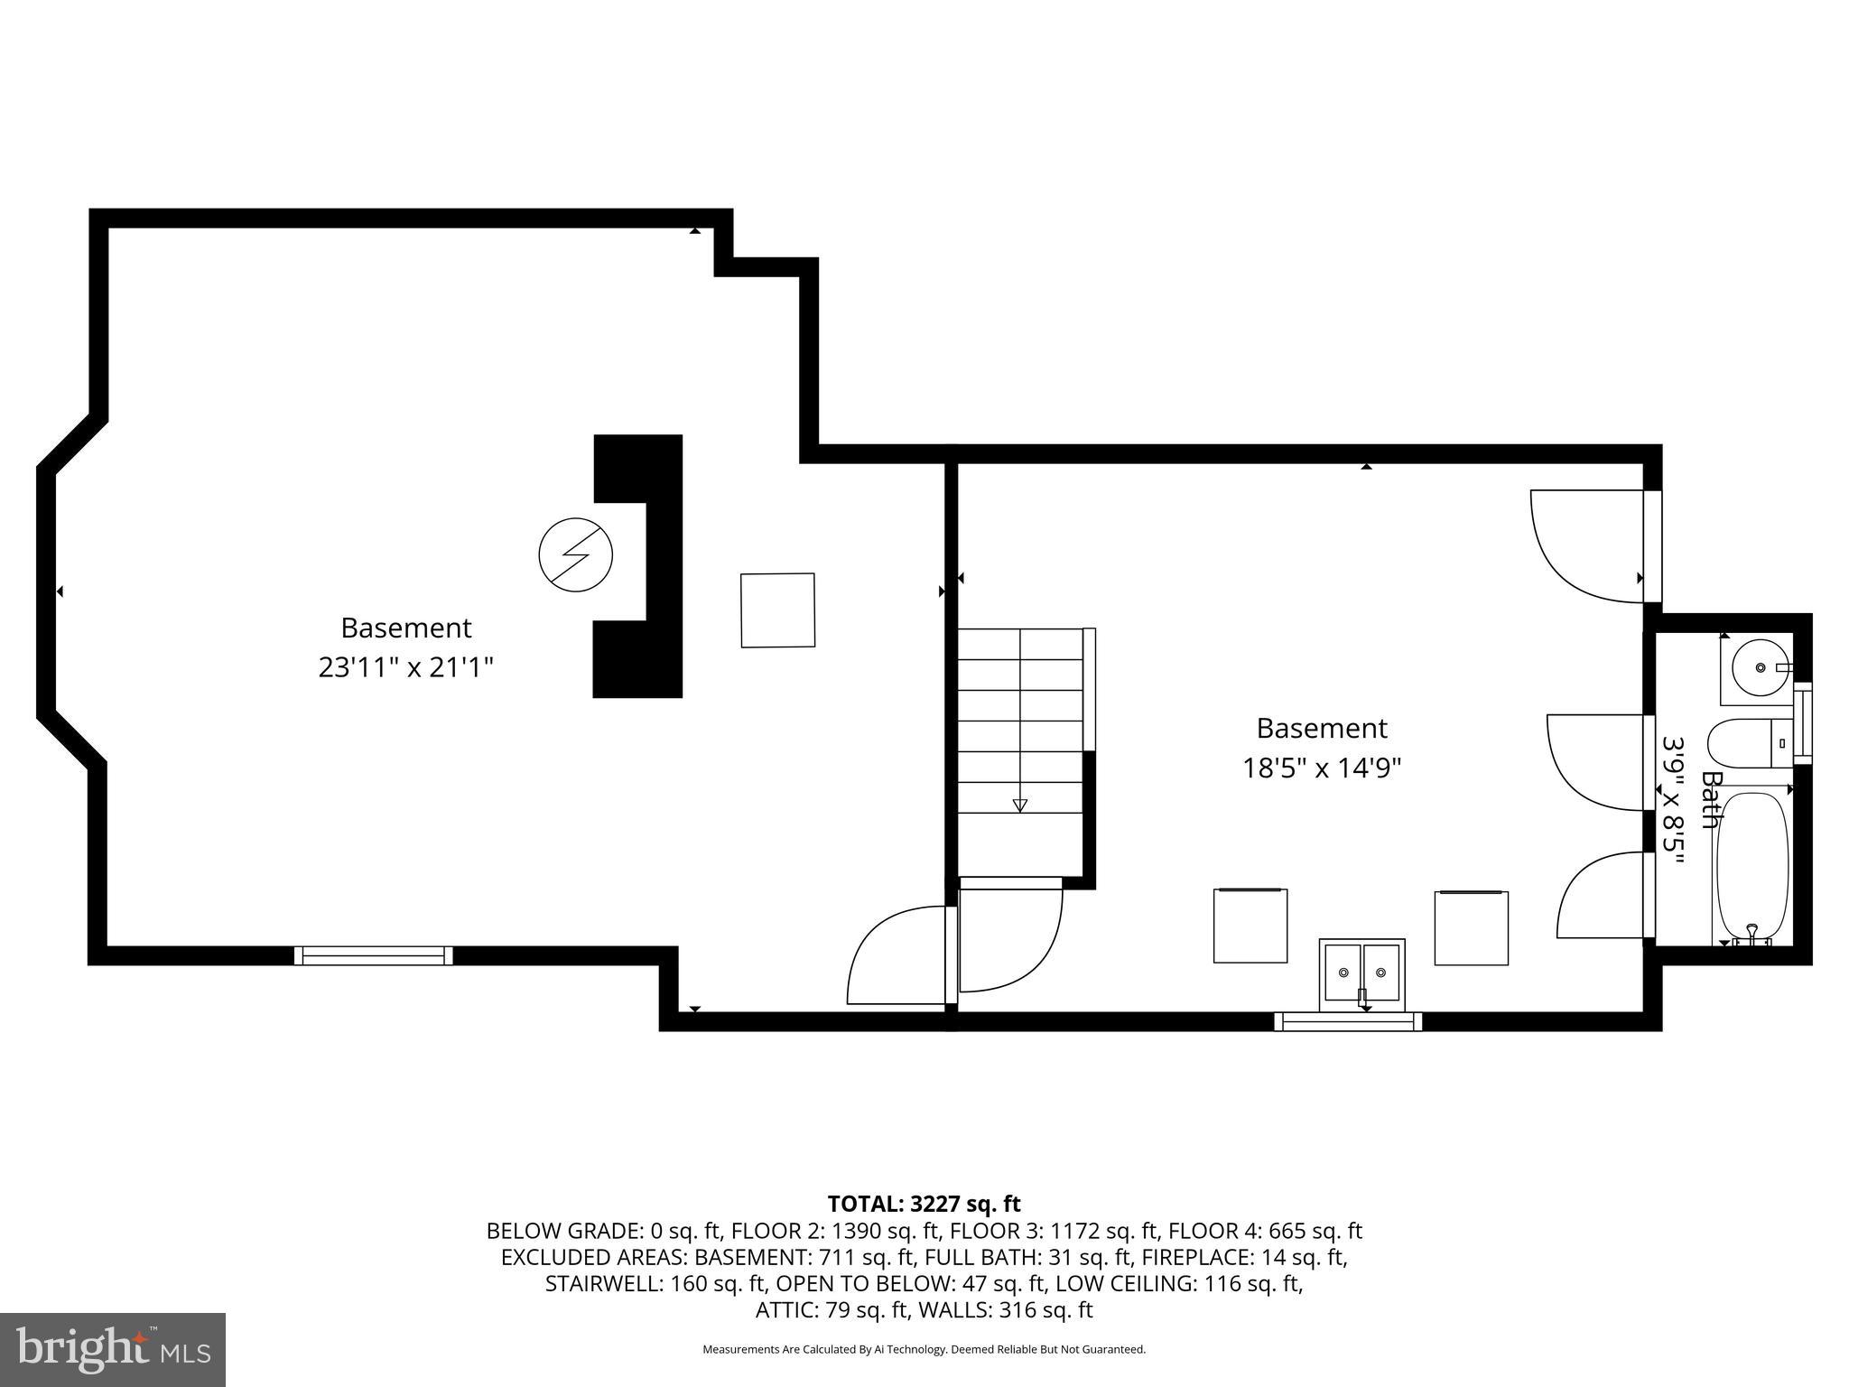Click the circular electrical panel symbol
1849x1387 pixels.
pos(575,555)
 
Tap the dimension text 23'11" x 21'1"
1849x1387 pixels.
pos(405,668)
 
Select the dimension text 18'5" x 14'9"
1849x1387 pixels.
pos(1321,768)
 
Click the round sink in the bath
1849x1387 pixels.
pos(1760,667)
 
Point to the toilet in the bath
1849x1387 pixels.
pos(1747,742)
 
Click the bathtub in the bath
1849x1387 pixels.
pos(1752,867)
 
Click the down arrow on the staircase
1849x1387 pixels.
pos(1020,805)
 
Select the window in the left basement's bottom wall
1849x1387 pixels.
pos(373,955)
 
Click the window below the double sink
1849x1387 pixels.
pos(1347,1021)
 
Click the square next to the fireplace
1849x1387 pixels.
pos(777,610)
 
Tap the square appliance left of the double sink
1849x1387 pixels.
pos(1250,926)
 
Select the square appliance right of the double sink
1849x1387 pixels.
pos(1471,927)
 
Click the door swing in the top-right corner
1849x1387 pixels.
pos(1587,545)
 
